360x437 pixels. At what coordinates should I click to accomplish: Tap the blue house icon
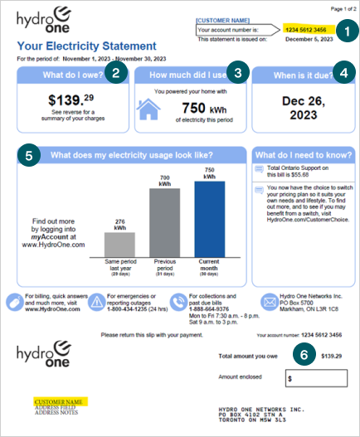coord(148,110)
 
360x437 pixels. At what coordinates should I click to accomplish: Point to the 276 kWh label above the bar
coord(119,223)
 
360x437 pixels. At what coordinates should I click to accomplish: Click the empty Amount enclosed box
coord(316,378)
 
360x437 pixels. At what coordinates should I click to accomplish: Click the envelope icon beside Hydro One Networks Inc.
coord(270,303)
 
